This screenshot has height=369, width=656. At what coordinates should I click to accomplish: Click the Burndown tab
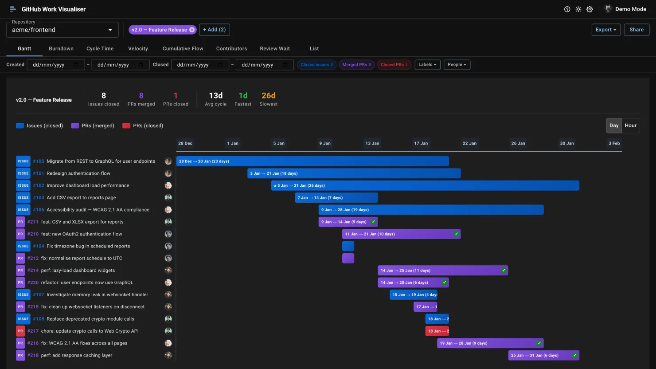(x=61, y=49)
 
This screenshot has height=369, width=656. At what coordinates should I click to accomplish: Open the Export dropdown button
(x=605, y=30)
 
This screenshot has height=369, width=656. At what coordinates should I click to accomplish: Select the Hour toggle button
(x=630, y=126)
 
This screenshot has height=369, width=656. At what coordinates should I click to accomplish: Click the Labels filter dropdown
(x=427, y=65)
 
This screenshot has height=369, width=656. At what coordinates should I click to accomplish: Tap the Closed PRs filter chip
(x=394, y=65)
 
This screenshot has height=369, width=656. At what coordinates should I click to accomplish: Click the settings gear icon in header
(x=590, y=9)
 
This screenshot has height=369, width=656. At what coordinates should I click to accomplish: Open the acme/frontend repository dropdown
(x=62, y=30)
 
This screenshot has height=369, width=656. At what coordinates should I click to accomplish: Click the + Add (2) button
(x=214, y=30)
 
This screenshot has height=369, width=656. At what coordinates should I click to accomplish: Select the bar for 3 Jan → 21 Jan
(x=354, y=173)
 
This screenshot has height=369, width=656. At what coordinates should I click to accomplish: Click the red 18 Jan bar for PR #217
(x=437, y=331)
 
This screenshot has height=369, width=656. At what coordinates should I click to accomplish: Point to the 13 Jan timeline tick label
(x=372, y=143)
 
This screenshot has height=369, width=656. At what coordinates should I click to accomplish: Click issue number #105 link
(x=39, y=161)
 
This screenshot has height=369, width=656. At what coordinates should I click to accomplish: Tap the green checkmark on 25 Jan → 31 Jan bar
(x=574, y=355)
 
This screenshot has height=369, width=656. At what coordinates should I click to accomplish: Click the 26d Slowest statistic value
(x=268, y=96)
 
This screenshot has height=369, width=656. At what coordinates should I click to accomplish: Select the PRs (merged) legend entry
(x=93, y=126)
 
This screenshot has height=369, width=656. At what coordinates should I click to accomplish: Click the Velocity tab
(x=138, y=49)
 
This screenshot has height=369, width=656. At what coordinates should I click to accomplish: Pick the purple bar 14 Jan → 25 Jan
(x=442, y=271)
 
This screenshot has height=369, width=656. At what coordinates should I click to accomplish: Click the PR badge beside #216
(x=20, y=343)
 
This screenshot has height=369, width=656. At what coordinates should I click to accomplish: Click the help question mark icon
(x=567, y=9)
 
